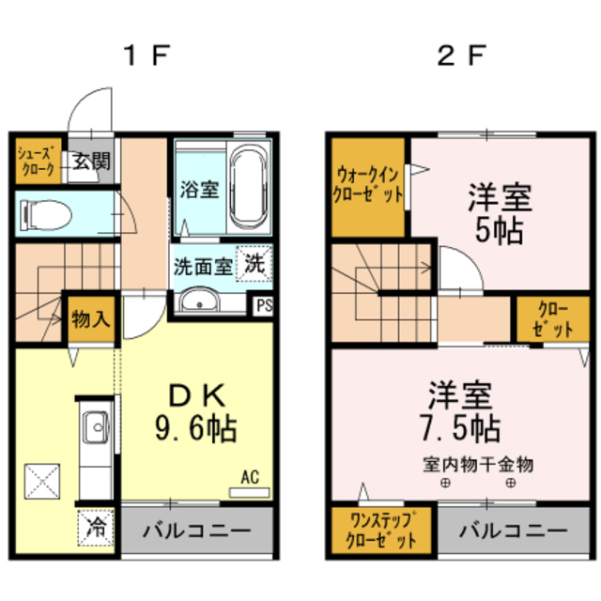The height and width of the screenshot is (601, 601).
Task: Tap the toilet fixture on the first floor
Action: tap(45, 215)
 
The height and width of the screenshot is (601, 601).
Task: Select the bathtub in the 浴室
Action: tap(249, 186)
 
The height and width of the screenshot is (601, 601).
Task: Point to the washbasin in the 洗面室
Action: tap(199, 301)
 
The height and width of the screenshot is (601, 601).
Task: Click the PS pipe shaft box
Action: tap(264, 303)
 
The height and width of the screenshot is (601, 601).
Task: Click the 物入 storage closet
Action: tap(91, 318)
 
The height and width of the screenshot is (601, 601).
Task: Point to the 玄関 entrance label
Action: tap(92, 161)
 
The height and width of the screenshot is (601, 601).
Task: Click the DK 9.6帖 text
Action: tap(195, 413)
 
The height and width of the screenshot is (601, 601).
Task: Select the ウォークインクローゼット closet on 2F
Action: tap(369, 184)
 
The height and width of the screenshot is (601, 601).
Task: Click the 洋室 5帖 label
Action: tap(500, 212)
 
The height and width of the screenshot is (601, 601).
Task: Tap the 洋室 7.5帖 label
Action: tap(460, 411)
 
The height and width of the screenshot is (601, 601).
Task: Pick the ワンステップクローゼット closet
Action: tap(375, 532)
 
